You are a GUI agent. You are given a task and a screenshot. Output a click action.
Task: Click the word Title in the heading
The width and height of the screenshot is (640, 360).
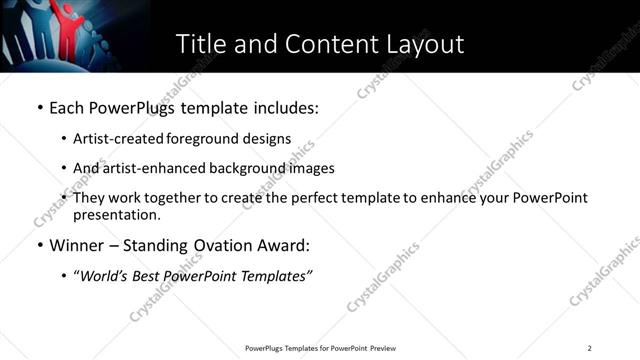[x=200, y=44]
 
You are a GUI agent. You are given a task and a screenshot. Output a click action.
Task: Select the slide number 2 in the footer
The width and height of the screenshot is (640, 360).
[x=590, y=348]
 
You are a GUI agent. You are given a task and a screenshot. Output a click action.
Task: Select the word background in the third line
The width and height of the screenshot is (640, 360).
[x=230, y=168]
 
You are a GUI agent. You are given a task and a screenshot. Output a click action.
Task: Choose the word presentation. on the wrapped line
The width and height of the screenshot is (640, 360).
[x=116, y=215]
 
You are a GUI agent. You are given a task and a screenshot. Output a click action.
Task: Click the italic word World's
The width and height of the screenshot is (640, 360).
[x=104, y=275]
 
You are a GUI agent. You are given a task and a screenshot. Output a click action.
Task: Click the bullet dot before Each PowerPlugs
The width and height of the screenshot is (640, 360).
[x=39, y=107]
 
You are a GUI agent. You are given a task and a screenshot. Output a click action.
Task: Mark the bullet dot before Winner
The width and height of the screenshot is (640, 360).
[x=39, y=245]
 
